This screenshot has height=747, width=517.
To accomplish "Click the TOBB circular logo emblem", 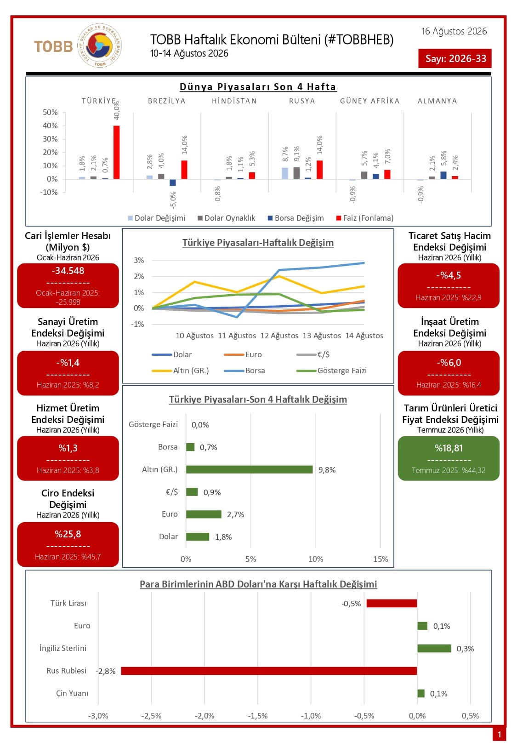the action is [99, 46].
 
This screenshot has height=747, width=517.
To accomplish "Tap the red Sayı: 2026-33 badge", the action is [455, 58].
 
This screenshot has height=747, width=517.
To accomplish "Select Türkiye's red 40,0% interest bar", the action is [116, 152].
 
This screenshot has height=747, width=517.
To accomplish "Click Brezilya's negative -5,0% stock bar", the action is [173, 182].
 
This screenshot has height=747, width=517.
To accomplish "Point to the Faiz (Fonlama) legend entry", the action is [365, 218].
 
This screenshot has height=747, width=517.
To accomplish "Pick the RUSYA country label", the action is [302, 101].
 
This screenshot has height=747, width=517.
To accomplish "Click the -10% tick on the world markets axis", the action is [49, 192].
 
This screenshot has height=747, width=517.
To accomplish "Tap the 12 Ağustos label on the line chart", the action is [279, 336].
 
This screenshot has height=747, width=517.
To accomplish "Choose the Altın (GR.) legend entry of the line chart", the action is [180, 371].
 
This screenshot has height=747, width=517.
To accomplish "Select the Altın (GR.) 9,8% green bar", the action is [250, 469].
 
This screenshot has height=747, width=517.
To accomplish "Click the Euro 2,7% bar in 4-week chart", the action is [204, 514].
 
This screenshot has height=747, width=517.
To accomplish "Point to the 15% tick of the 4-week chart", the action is [381, 559].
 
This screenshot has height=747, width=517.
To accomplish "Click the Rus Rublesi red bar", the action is [269, 671].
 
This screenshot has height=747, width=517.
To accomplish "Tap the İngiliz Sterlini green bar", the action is [434, 648].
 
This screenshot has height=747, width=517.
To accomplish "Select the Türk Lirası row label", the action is [68, 603].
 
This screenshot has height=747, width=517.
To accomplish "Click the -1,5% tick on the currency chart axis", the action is [258, 716].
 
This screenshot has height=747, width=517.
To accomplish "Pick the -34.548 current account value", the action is [68, 270].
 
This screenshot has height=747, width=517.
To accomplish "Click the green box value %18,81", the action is [449, 448].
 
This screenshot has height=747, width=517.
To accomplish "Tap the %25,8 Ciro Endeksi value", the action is [68, 534].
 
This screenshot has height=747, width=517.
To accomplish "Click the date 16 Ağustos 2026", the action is [454, 31].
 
